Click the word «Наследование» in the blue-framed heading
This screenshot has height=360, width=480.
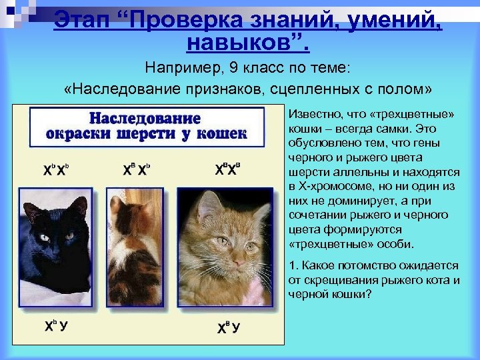[x=145, y=119]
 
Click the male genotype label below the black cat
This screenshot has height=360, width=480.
[x=55, y=327]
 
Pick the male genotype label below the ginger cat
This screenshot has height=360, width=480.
[x=229, y=327]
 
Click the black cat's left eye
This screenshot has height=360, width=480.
[x=44, y=237]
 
